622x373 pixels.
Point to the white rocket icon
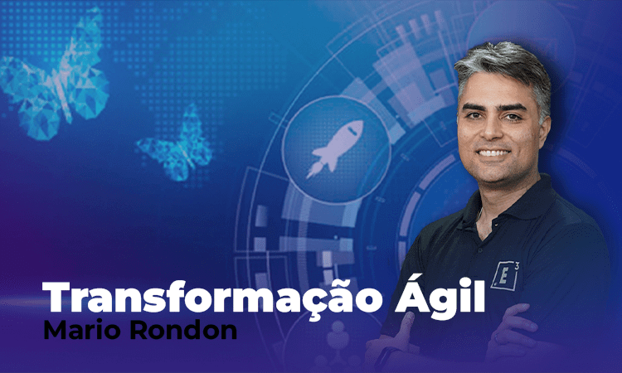point(335,148)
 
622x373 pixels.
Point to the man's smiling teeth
point(494,153)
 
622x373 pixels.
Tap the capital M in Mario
point(54,330)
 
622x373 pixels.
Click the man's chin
point(496,176)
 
